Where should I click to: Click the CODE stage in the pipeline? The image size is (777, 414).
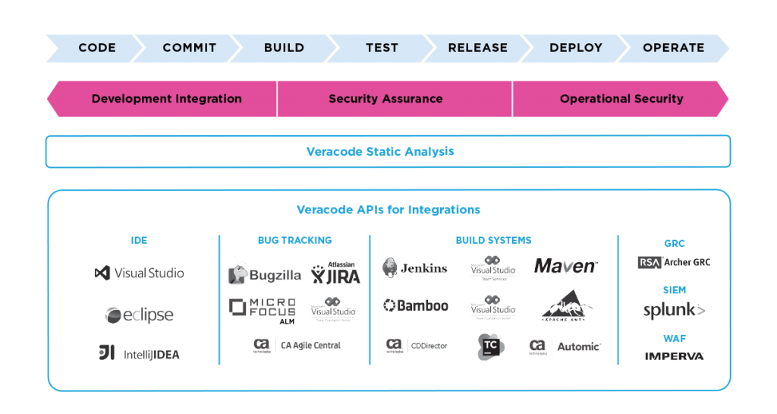(97, 48)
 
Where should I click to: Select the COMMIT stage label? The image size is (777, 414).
(189, 48)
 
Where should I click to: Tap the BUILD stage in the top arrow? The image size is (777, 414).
(284, 48)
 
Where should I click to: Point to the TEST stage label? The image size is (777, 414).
(382, 48)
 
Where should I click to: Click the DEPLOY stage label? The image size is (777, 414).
(576, 48)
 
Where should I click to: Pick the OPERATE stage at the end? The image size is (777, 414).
(673, 48)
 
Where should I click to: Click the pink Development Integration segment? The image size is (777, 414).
(166, 99)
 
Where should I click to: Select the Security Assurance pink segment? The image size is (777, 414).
(385, 99)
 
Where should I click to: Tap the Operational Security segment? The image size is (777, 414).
(621, 99)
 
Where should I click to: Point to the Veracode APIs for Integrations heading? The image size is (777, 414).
(388, 210)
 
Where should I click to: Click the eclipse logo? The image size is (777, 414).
(139, 314)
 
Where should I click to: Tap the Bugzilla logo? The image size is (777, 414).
(264, 273)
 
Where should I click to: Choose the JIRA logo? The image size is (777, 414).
(336, 273)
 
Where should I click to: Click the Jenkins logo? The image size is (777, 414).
(415, 267)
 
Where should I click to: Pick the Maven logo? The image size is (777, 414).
(566, 267)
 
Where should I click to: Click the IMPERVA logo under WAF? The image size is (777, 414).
(674, 356)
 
